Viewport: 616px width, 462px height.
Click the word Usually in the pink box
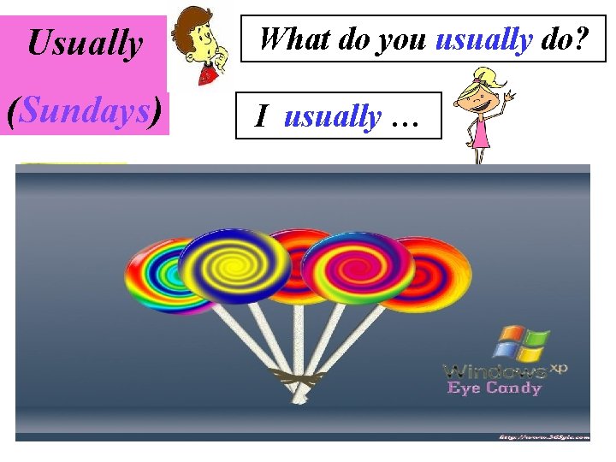[x=85, y=43]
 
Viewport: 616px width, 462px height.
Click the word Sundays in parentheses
[x=85, y=111]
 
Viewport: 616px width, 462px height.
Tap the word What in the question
[x=287, y=38]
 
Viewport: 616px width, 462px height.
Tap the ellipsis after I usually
[x=404, y=120]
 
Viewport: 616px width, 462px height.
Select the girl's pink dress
[x=482, y=133]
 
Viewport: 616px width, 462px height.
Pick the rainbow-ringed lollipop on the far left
[x=154, y=274]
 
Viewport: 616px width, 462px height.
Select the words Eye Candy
[x=495, y=388]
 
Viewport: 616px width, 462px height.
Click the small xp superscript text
[x=558, y=367]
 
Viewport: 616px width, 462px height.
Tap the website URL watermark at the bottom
[x=543, y=436]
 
